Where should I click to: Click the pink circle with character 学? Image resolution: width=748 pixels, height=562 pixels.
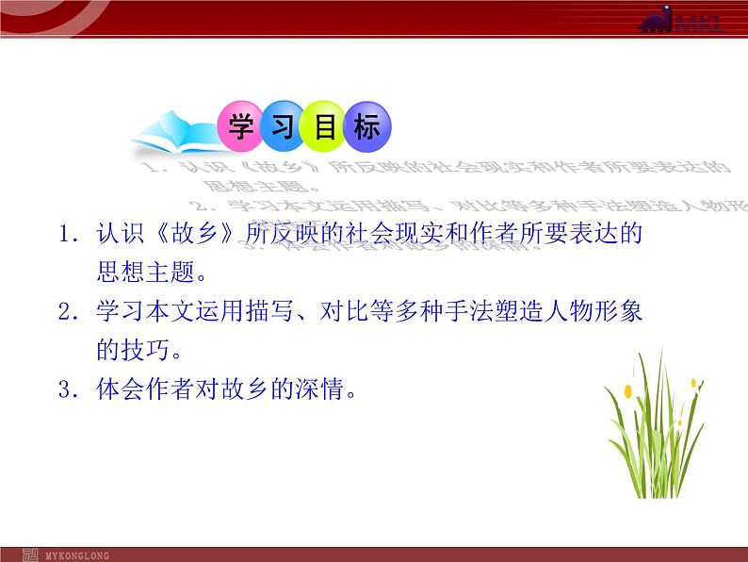tap(242, 127)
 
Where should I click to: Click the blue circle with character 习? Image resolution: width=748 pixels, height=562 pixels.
tap(284, 127)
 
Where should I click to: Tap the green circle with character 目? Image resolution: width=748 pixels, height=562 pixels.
tap(325, 127)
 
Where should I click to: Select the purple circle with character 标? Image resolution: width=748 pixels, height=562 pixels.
tap(367, 127)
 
